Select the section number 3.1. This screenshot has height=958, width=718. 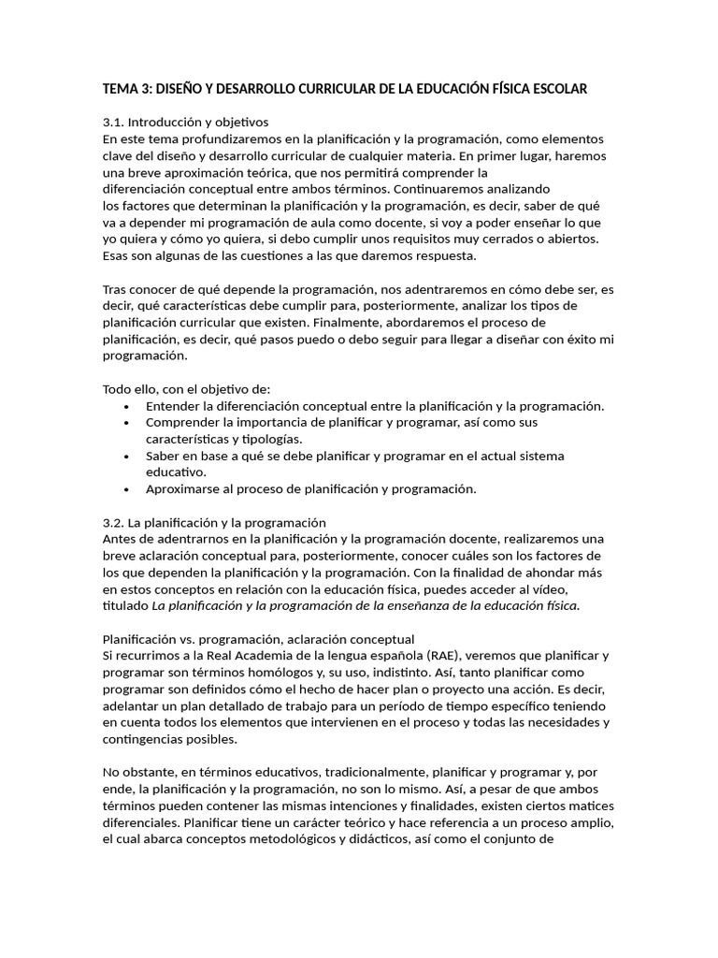tap(112, 123)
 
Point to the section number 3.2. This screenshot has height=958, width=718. tap(112, 522)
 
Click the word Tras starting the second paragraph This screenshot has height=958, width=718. tap(114, 289)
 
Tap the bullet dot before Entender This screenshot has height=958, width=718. tap(127, 406)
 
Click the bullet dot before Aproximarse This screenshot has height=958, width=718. tap(127, 489)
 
